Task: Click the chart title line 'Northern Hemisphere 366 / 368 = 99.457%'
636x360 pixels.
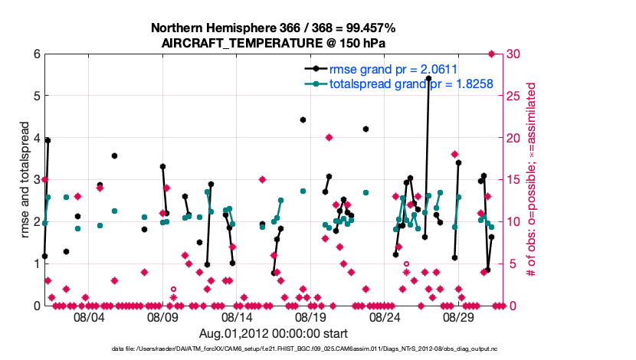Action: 274,28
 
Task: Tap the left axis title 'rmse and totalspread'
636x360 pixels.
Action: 25,179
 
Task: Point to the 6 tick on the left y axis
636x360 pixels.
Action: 36,54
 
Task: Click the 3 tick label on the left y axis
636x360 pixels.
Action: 36,180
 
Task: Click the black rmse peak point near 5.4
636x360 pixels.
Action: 428,79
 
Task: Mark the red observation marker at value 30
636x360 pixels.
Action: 491,54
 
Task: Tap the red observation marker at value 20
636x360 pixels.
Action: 329,138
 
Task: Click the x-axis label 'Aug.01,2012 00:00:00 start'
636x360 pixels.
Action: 274,334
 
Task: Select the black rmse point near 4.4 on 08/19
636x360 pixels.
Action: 303,120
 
